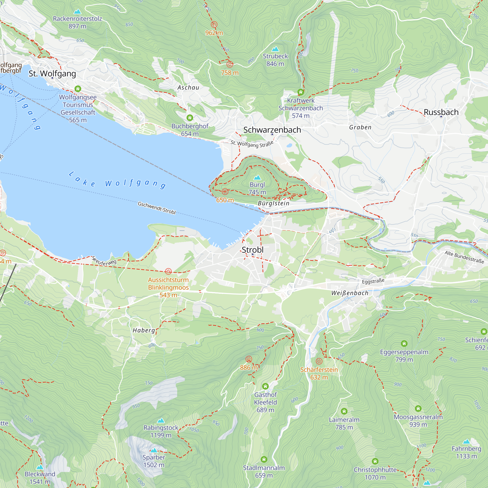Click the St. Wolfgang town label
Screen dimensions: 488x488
tap(52, 73)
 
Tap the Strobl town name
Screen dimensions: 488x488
tap(252, 250)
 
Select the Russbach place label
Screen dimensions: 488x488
tap(441, 112)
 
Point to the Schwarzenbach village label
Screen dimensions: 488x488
tap(272, 130)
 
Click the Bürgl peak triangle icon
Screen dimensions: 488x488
tap(257, 178)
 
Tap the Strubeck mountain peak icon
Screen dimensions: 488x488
tap(275, 49)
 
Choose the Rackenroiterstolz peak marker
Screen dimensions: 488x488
tap(77, 12)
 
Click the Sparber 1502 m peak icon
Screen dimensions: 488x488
tap(154, 450)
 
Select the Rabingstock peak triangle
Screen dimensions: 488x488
tap(161, 421)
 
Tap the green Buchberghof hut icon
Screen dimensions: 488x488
tap(190, 118)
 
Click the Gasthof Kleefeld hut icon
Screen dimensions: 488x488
tap(265, 386)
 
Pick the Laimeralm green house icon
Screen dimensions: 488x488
tap(344, 411)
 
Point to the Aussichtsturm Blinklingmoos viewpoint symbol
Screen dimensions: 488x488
tap(168, 272)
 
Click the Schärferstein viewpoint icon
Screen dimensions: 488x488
tap(319, 361)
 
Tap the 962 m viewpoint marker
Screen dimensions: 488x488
tap(214, 24)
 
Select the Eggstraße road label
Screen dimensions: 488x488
tap(373, 281)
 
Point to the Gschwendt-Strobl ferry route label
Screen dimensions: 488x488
tap(157, 208)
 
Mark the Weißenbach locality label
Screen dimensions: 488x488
tap(350, 293)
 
